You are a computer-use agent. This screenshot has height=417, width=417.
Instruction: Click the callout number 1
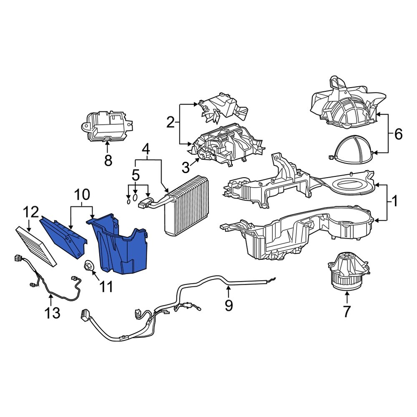pos(394,202)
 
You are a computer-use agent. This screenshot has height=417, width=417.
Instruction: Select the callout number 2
pos(170,123)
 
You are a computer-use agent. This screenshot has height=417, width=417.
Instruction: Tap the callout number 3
pos(186,168)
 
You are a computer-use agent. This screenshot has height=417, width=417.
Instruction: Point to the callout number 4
pos(146,149)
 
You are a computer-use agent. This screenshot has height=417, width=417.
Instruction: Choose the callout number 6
pos(398,134)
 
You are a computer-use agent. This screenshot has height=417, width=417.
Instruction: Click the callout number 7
pos(347,311)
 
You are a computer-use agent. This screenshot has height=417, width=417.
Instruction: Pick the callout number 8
pos(108,161)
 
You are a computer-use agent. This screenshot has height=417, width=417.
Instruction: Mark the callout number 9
pos(229,305)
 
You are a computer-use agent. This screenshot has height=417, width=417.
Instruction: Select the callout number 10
pos(82,194)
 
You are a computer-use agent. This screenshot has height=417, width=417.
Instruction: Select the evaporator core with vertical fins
pos(186,206)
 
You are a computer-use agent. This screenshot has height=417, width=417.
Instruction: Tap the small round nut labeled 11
pos(89,266)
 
